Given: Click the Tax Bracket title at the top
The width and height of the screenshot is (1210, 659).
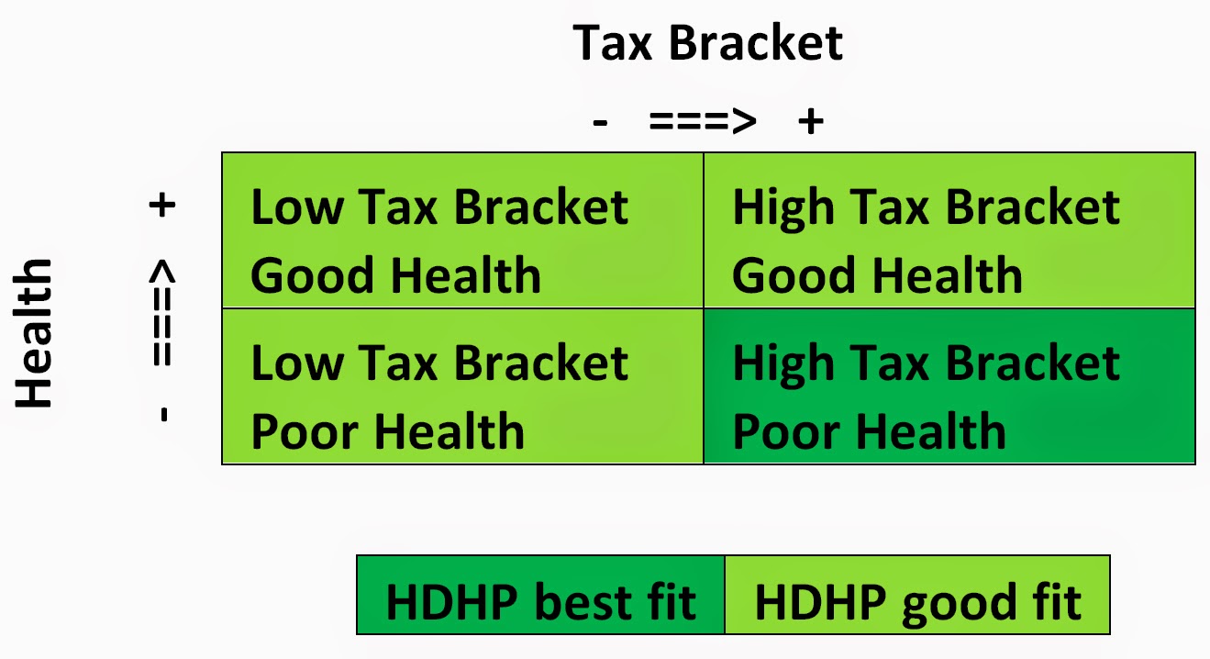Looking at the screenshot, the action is (707, 42).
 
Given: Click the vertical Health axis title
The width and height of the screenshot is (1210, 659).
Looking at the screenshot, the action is (33, 333).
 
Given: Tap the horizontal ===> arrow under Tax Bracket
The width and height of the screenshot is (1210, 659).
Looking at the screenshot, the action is (702, 120).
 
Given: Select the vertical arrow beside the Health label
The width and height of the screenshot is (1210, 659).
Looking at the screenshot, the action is (162, 312).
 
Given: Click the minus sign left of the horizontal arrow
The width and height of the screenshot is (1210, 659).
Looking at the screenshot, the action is (600, 123).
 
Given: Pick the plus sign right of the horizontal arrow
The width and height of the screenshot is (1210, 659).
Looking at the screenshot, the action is (811, 120).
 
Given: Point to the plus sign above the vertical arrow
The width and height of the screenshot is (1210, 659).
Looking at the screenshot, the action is (162, 205).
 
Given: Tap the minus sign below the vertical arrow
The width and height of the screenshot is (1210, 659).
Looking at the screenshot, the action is (164, 415).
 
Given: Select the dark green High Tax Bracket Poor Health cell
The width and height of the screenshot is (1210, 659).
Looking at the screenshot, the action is (949, 386).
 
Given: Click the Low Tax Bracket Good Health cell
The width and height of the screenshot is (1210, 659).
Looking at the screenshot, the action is (462, 230).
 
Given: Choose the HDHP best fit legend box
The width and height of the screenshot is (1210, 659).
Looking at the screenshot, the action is (540, 595).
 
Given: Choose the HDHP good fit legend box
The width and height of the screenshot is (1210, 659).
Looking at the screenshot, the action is (917, 595).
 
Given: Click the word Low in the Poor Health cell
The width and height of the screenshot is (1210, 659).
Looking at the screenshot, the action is (297, 363).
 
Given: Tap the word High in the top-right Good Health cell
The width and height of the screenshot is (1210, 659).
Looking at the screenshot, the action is (783, 209).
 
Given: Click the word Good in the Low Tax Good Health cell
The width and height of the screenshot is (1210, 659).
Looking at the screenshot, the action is (312, 275).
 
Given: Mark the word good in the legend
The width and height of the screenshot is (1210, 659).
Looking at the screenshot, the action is (959, 605).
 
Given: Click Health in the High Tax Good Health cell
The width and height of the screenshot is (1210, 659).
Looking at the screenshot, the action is (948, 274).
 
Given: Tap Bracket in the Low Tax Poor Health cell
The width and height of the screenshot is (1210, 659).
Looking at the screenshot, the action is (542, 363).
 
